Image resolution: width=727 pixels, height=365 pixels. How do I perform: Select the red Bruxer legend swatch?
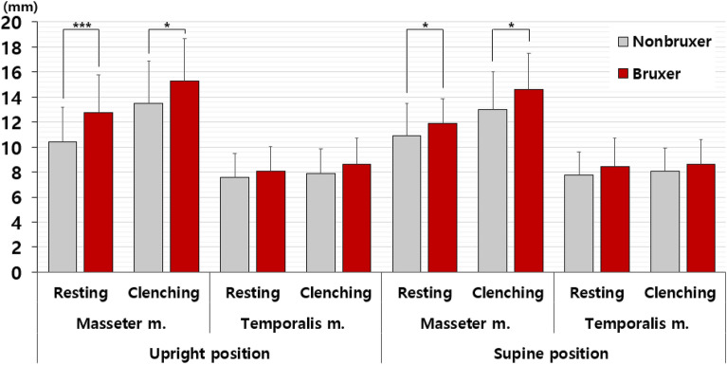coord(623,72)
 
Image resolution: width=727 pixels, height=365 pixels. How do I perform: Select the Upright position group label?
coord(209,353)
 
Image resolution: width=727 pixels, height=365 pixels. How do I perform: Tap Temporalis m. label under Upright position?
coord(295,322)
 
